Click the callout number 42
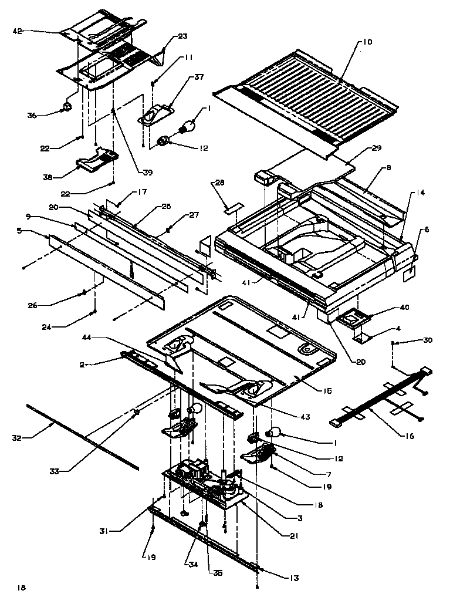[x=17, y=31]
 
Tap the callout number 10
[x=367, y=42]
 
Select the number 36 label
[x=32, y=116]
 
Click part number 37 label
[x=199, y=77]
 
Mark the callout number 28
[x=219, y=184]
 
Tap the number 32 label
[x=18, y=437]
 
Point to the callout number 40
[x=387, y=307]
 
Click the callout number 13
[x=293, y=578]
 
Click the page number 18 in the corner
[x=22, y=587]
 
